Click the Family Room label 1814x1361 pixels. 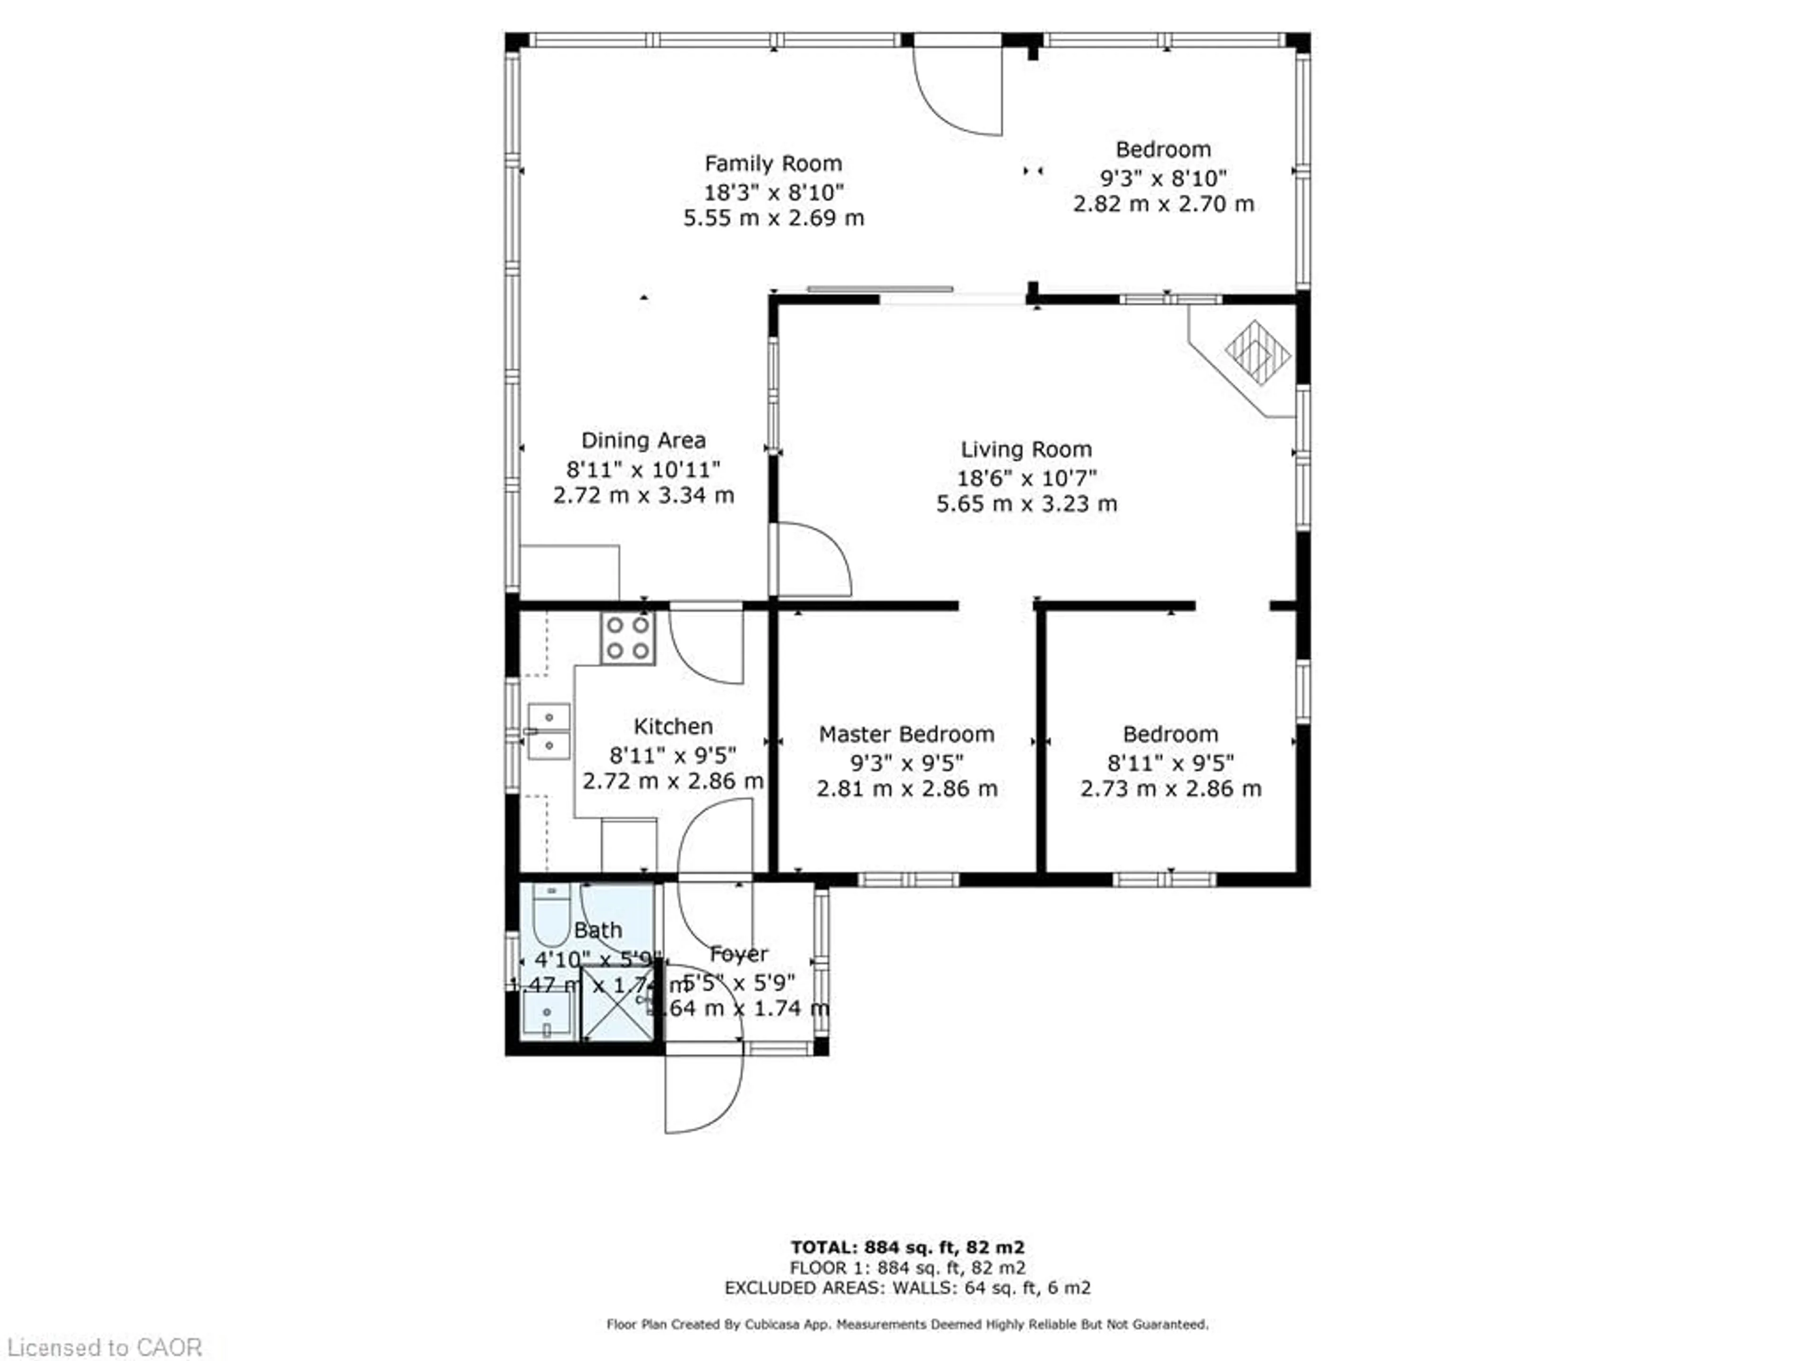tap(772, 163)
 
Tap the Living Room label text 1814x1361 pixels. tap(1026, 449)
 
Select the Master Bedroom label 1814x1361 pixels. tap(906, 734)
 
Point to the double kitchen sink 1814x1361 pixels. tap(548, 731)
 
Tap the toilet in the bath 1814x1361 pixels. tap(551, 915)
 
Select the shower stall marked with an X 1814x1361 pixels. tap(616, 1003)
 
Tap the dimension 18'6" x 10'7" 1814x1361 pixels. tap(1026, 477)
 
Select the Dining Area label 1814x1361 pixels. tap(643, 440)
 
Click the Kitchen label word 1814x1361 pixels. tap(673, 726)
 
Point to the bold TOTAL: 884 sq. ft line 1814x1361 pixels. tap(907, 1248)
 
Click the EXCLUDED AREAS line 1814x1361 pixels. tap(907, 1288)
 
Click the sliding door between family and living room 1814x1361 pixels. tap(880, 290)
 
